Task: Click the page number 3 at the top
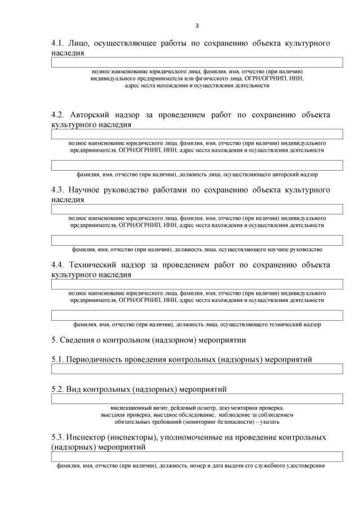coord(197,25)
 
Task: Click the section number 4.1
coord(57,43)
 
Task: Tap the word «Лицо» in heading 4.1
coord(79,43)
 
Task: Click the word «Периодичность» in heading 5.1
coord(97,360)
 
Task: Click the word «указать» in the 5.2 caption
coord(269,422)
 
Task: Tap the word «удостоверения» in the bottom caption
coord(307,466)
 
